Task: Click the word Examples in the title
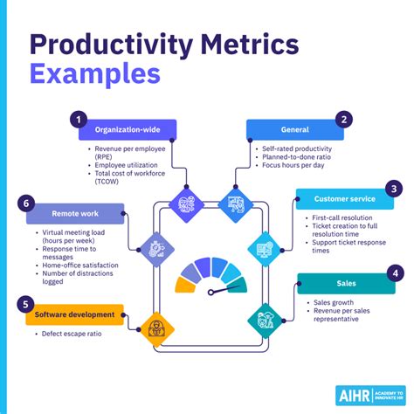(95, 72)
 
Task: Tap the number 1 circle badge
(78, 118)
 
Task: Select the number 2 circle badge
(344, 118)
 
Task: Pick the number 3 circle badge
(394, 187)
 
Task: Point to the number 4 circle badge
(394, 273)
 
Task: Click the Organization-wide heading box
(124, 129)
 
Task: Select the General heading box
(290, 129)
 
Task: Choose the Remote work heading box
(74, 214)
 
